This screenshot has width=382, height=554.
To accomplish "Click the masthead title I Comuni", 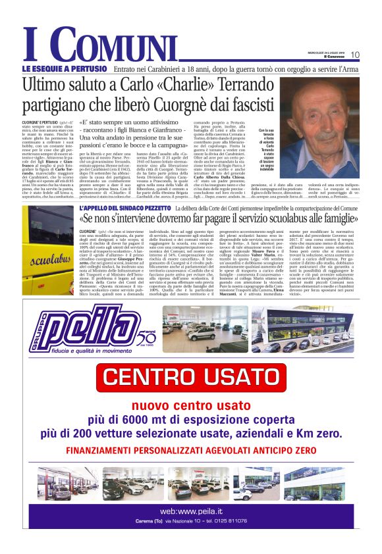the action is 99,45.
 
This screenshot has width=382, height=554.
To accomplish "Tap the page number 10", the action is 355,55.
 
